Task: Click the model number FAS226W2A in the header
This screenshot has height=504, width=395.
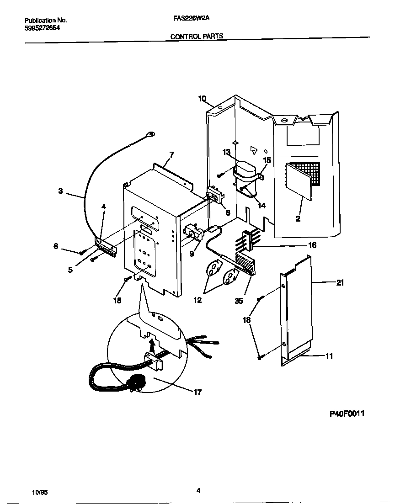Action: click(188, 20)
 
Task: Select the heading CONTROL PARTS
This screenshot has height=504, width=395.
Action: click(197, 36)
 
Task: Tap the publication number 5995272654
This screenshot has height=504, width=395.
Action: click(42, 28)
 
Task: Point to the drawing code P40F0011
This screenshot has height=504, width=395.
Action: click(347, 414)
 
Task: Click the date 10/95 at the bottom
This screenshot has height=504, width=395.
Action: click(40, 493)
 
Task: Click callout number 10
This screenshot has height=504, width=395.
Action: click(202, 98)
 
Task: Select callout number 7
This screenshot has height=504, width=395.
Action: click(171, 155)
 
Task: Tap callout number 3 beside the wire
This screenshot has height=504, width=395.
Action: click(60, 191)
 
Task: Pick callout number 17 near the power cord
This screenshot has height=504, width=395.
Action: click(197, 392)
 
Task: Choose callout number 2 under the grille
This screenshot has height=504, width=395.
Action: click(298, 219)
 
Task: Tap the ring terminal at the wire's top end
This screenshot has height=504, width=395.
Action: click(150, 134)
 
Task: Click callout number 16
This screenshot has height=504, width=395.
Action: click(312, 245)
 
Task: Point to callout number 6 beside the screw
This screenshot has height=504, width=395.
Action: click(56, 246)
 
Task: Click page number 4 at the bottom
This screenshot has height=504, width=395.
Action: click(198, 491)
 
